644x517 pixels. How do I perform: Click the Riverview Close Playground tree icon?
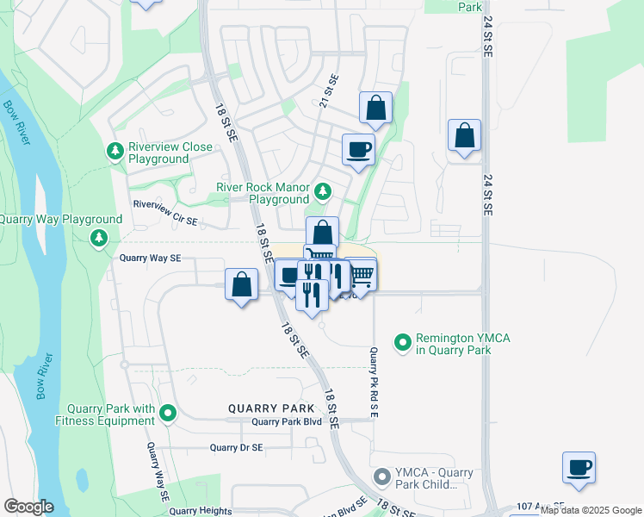[114, 153]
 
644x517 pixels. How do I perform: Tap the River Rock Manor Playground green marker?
[323, 190]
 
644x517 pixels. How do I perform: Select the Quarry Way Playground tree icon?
[100, 236]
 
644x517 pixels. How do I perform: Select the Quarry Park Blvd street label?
[287, 422]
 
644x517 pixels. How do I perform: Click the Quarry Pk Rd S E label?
[374, 382]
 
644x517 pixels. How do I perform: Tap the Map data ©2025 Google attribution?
[591, 510]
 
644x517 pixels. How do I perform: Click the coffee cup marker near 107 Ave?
[579, 468]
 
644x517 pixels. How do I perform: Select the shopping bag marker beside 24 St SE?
[464, 135]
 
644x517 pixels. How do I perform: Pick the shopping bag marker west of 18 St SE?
[242, 284]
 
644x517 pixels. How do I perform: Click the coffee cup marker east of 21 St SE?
[358, 150]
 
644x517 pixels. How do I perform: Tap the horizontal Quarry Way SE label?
[150, 257]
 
